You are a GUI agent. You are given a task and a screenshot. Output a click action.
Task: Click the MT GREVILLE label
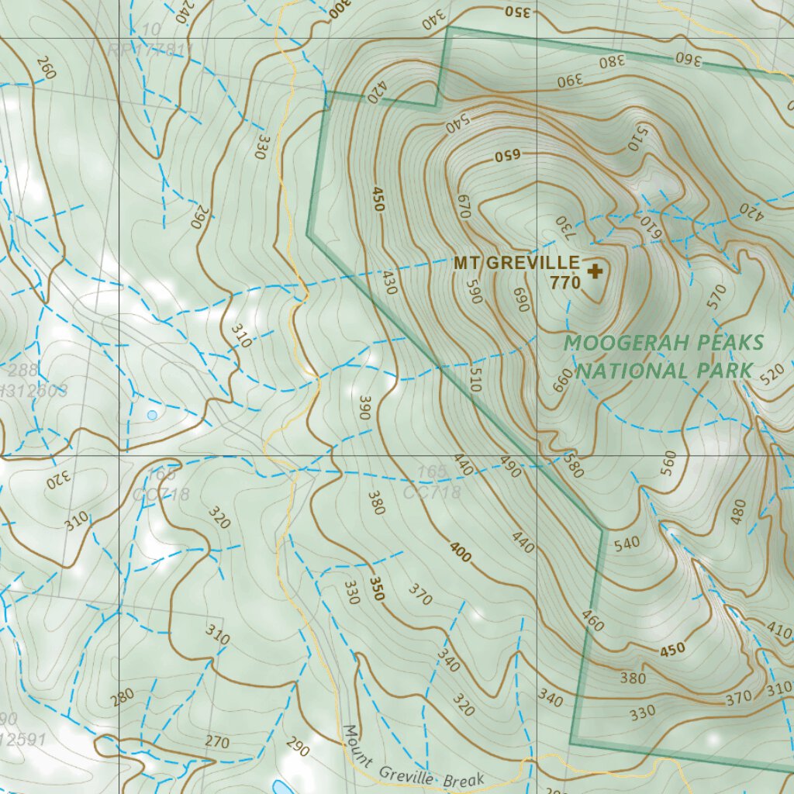pos(516,263)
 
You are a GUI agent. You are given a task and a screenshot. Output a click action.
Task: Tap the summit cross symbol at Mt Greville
pos(595,271)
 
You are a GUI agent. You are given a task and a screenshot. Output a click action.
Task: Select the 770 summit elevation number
pos(565,284)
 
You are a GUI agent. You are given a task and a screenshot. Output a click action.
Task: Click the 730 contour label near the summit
pos(564,227)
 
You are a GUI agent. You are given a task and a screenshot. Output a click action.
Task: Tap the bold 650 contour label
pos(507,156)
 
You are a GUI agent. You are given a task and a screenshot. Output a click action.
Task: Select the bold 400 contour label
pos(460,552)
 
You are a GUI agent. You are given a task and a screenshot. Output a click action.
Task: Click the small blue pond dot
pos(152,415)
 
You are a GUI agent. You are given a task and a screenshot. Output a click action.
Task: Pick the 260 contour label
pos(46,69)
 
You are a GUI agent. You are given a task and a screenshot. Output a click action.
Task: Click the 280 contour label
pos(123,697)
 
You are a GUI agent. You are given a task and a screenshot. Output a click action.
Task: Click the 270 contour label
pos(217,742)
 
